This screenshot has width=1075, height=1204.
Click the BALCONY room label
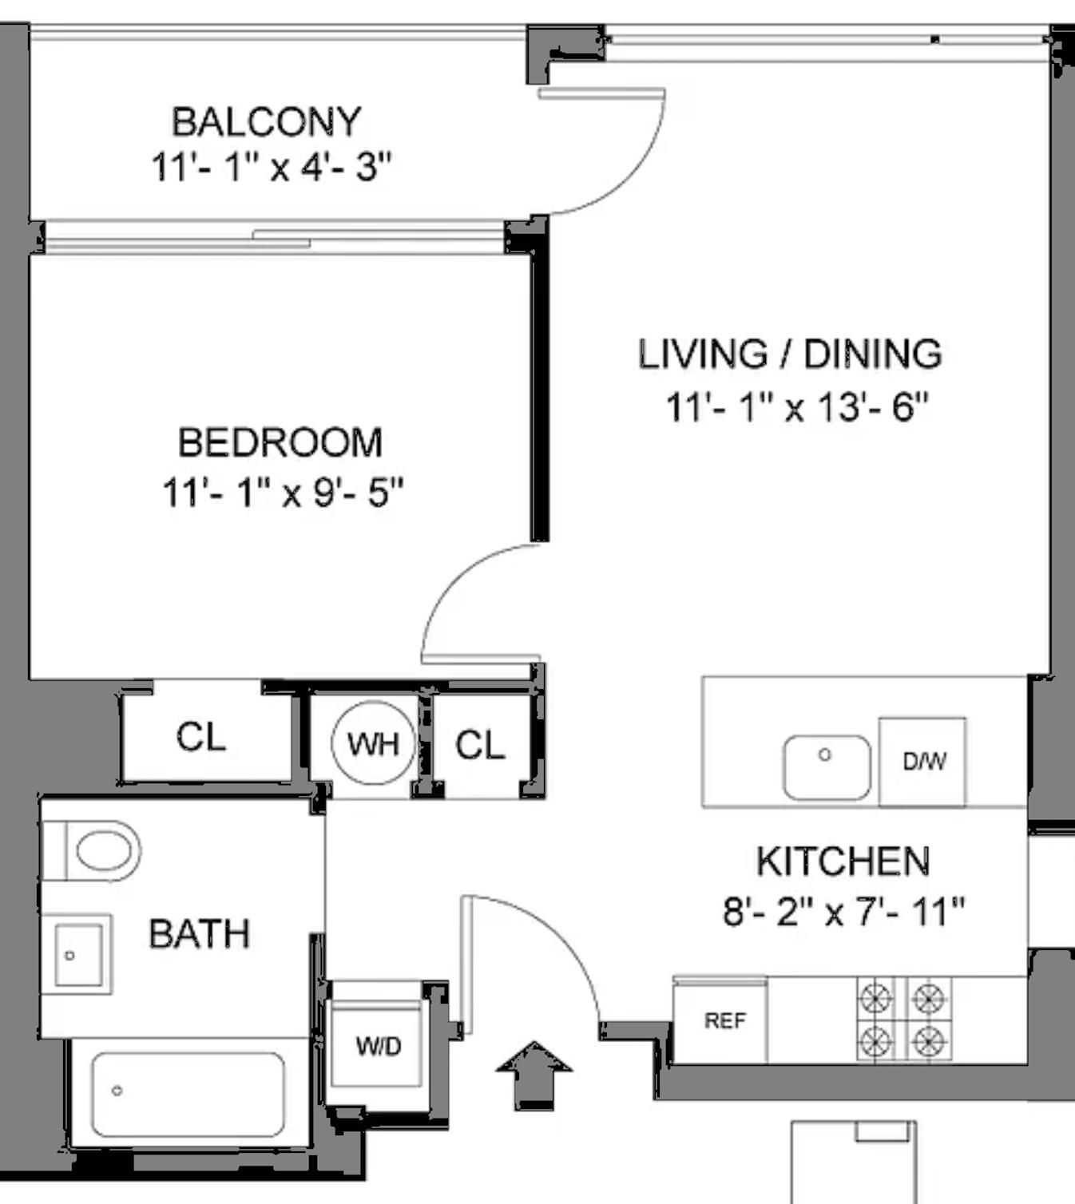click(x=267, y=122)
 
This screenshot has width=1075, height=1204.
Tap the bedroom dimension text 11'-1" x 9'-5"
click(x=283, y=493)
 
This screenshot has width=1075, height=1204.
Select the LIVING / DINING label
click(x=790, y=354)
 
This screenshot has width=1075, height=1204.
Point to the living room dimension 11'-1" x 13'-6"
click(x=797, y=407)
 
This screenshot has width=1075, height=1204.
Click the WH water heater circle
click(x=373, y=744)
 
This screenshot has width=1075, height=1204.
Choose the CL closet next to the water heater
click(x=480, y=745)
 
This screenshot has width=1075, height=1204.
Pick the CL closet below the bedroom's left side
click(x=201, y=737)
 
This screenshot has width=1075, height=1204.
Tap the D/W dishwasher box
click(x=923, y=762)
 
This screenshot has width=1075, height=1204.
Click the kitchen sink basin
click(x=827, y=767)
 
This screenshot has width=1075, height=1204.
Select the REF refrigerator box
click(x=724, y=1020)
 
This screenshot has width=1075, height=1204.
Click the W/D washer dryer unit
click(x=378, y=1045)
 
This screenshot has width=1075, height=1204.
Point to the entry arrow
click(x=534, y=1074)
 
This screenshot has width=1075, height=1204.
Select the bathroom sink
click(x=77, y=955)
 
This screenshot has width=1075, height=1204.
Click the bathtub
click(x=188, y=1094)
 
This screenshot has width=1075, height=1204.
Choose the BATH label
click(x=200, y=934)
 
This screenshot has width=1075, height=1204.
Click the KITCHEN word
click(x=843, y=861)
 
